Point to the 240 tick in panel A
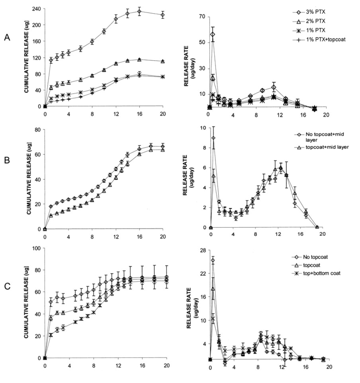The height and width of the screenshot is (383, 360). pos(36,8)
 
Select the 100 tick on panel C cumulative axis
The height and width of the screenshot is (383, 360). pos(35,248)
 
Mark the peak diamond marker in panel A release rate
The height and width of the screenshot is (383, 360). pos(213,34)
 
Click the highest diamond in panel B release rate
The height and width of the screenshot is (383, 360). pos(213,138)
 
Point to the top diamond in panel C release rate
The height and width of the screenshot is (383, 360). pos(213,260)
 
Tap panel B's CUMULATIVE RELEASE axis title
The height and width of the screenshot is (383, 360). pos(28,180)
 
